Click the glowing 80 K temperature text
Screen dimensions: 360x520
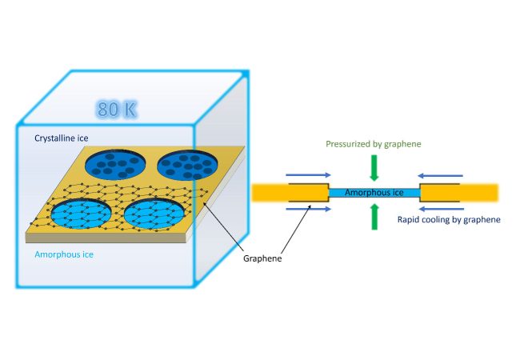tap(118, 110)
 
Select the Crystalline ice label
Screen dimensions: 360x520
tap(66, 138)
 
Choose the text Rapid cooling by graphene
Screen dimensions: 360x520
tap(449, 219)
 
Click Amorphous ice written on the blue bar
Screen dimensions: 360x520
tap(374, 193)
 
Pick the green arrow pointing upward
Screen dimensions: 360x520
tap(374, 217)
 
